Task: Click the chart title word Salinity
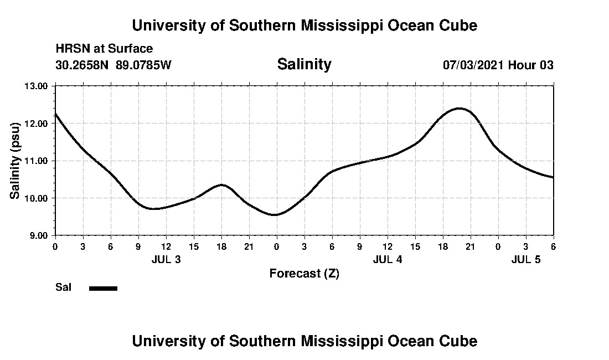(x=304, y=64)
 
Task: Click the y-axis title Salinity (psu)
(x=16, y=160)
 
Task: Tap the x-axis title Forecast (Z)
(x=304, y=274)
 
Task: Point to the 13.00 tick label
(x=37, y=86)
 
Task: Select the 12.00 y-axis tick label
(x=37, y=124)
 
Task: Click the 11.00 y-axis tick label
(x=37, y=161)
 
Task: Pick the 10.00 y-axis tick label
(x=37, y=198)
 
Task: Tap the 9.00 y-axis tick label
(x=39, y=235)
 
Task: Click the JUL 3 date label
(x=166, y=259)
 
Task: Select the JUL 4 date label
(x=388, y=259)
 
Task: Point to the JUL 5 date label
(x=526, y=259)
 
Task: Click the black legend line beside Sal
(x=104, y=288)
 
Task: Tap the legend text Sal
(x=63, y=287)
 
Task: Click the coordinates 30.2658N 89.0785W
(x=113, y=65)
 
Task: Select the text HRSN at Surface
(x=104, y=49)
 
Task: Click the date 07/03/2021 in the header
(x=473, y=65)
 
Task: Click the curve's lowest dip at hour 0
(x=275, y=215)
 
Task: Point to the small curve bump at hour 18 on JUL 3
(x=221, y=184)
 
